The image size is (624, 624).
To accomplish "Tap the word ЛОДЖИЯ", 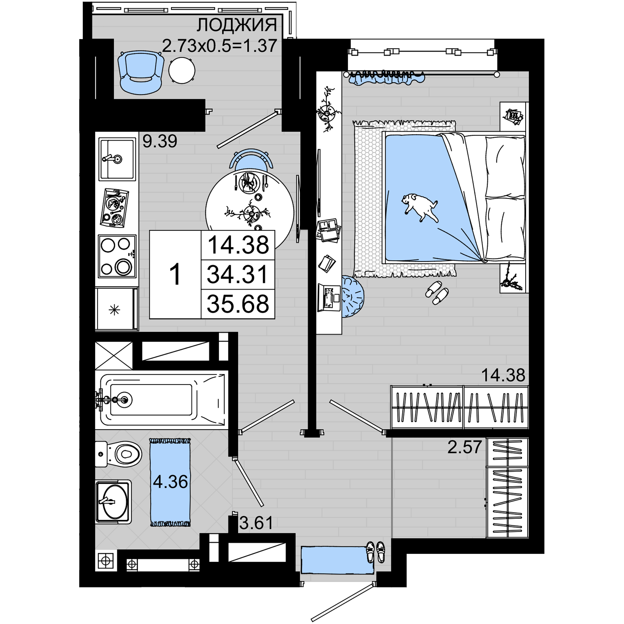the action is click(x=237, y=25).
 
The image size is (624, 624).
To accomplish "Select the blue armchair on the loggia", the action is click(x=140, y=72).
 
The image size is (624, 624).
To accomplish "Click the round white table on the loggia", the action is click(x=182, y=71).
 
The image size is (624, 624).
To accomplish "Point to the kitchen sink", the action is click(x=117, y=159).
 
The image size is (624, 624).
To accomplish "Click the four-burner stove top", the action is click(x=117, y=256).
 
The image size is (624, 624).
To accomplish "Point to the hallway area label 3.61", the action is click(x=256, y=523).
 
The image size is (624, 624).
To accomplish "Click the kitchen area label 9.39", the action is click(x=160, y=141).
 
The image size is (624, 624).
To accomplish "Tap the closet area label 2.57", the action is click(x=465, y=447).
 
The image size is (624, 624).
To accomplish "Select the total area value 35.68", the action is click(x=238, y=304).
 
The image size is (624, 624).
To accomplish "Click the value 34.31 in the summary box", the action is click(x=238, y=275).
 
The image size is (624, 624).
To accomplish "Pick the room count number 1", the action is click(x=175, y=275).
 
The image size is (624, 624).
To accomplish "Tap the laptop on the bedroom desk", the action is click(x=329, y=297).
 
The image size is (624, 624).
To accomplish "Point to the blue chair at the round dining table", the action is click(x=251, y=160).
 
